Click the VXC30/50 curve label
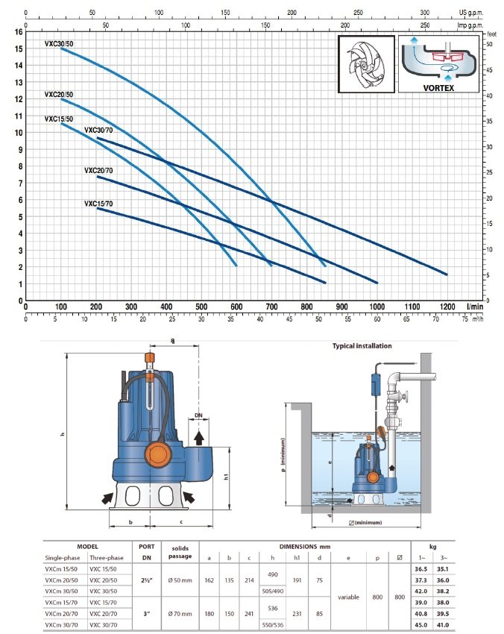click(x=59, y=44)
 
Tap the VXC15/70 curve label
click(x=98, y=204)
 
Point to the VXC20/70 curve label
click(x=98, y=171)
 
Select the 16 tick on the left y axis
click(x=19, y=32)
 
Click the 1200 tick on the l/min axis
click(x=447, y=307)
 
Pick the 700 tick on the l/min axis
click(x=271, y=307)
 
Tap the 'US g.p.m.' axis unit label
click(x=471, y=13)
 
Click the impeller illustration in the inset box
click(x=366, y=65)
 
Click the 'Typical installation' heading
click(x=362, y=346)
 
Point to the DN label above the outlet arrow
click(x=198, y=415)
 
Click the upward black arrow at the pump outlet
click(x=198, y=438)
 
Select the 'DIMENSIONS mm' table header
click(x=305, y=547)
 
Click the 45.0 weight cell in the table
click(x=420, y=625)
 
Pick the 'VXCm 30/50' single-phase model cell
click(x=61, y=591)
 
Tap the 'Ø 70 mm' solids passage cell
click(x=180, y=614)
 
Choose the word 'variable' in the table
click(x=348, y=597)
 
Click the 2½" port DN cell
click(x=147, y=580)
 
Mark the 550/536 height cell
click(x=273, y=625)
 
